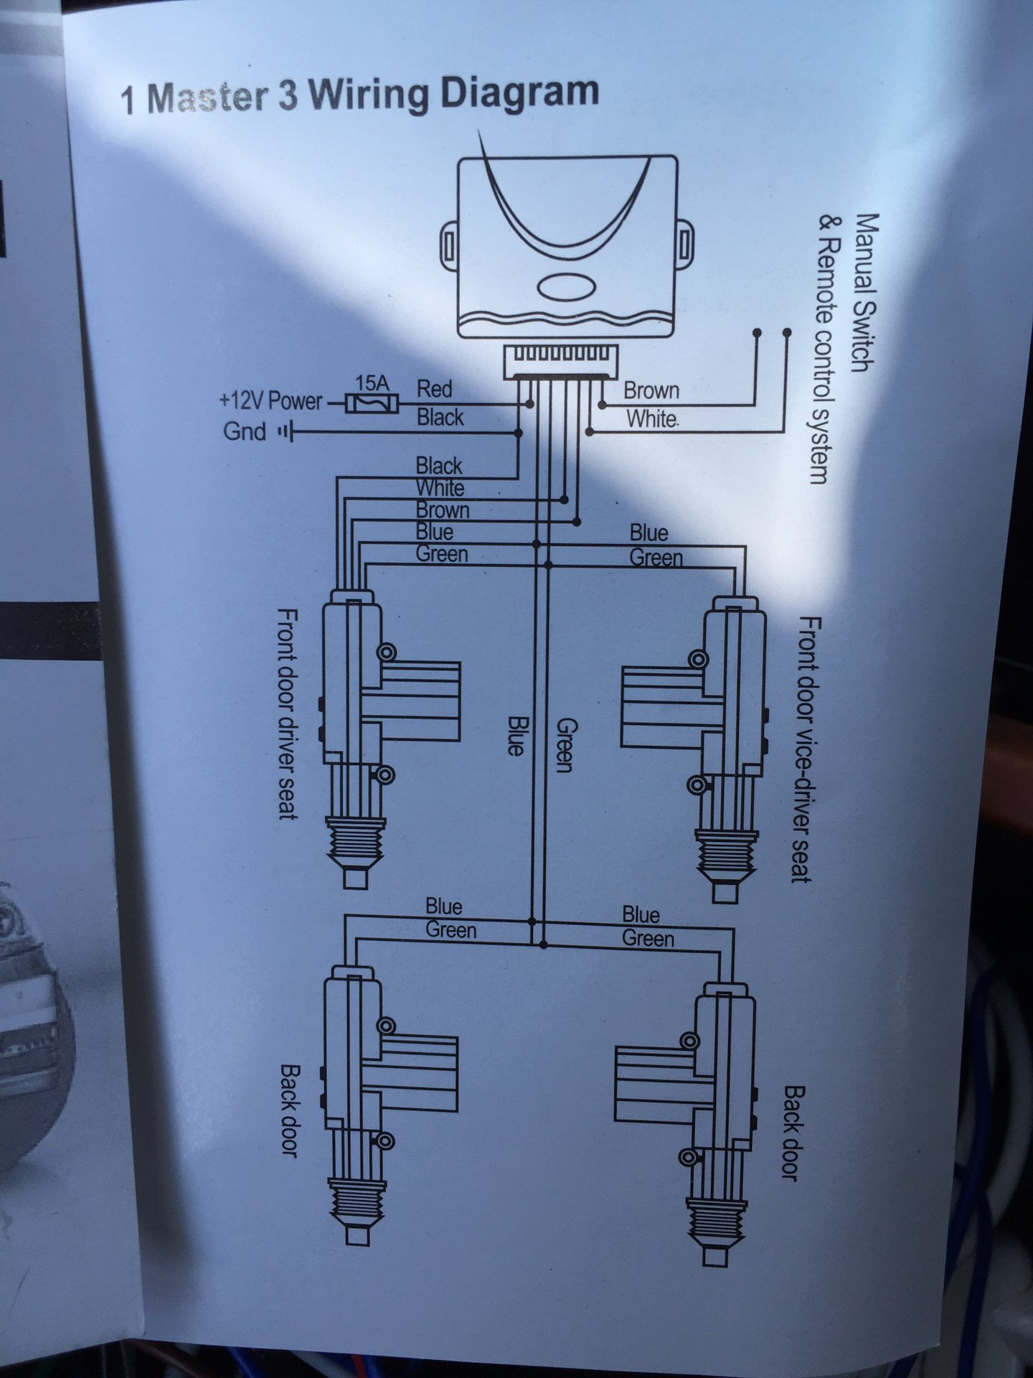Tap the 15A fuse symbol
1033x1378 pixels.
370,404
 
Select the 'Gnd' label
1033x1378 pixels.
245,432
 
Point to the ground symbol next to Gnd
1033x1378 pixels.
286,433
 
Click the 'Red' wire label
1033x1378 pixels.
435,390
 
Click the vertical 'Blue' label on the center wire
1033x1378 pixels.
514,735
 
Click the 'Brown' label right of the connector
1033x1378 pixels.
651,391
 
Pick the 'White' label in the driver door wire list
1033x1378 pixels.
440,489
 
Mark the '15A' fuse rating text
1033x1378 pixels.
372,383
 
